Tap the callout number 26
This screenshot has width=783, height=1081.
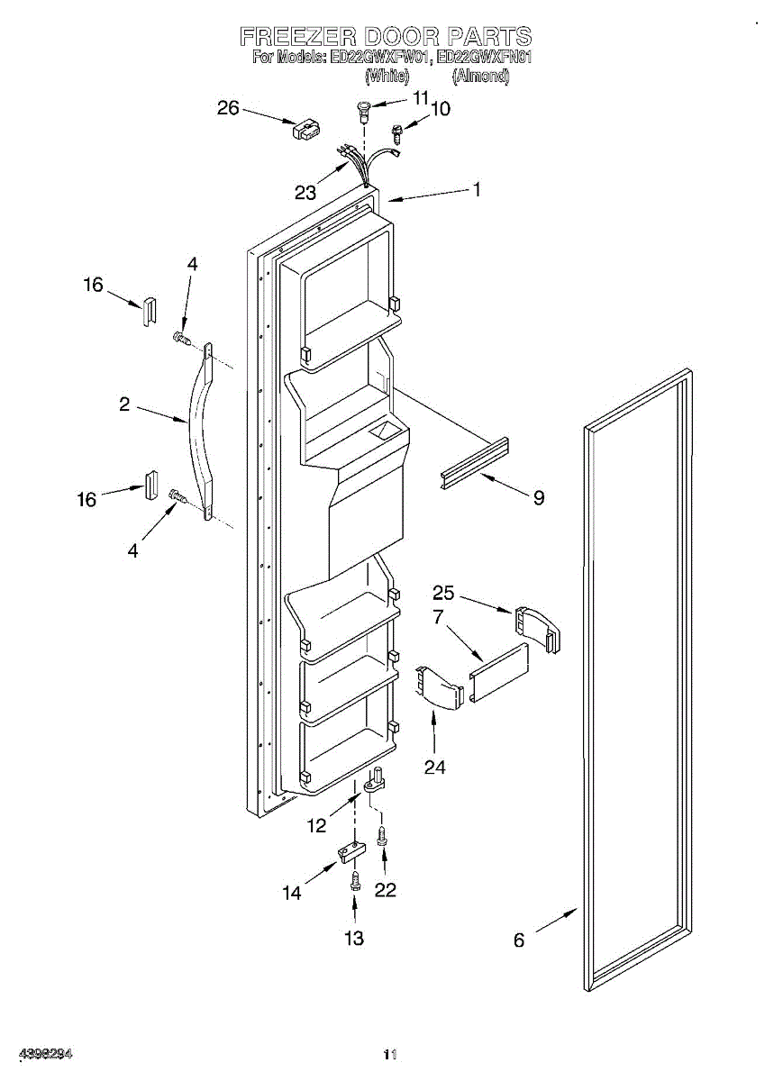228,108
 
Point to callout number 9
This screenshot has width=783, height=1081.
538,497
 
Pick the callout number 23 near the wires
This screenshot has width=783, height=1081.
305,192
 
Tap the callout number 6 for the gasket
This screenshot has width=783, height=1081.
519,940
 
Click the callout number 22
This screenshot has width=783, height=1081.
386,889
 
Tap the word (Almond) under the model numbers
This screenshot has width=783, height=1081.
481,77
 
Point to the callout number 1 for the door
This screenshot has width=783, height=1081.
477,189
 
